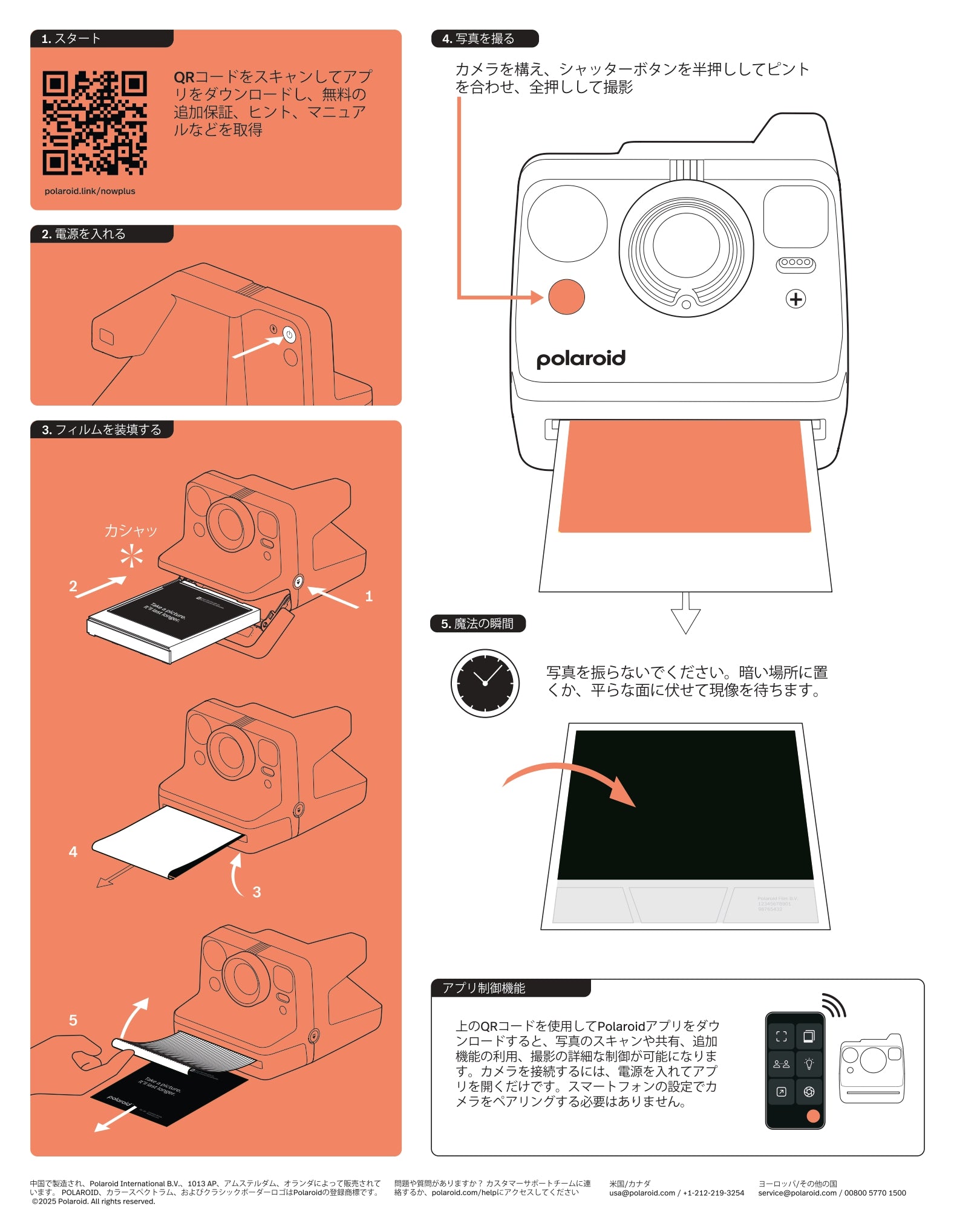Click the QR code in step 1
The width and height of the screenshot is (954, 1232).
tap(94, 123)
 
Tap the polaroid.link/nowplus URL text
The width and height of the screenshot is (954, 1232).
tap(90, 191)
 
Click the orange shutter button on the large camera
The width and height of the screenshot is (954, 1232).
tap(566, 296)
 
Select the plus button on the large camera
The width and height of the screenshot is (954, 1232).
tap(796, 299)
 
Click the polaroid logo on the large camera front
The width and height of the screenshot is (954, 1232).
tap(581, 358)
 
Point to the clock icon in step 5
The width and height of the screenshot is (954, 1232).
tap(485, 683)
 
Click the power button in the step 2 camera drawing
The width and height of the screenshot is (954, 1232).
tap(289, 334)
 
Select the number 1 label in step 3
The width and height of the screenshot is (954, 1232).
tap(369, 597)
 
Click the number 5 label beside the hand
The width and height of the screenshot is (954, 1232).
tap(73, 1020)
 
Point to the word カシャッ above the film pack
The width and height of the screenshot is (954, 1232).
tap(131, 531)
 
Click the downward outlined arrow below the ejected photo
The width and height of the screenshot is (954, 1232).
tap(685, 615)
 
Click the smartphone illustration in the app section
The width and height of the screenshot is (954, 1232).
tap(795, 1071)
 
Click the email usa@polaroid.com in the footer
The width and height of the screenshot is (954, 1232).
tap(642, 1193)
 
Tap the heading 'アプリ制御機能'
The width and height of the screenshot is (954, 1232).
tap(484, 988)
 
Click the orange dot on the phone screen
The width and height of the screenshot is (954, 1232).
tap(813, 1115)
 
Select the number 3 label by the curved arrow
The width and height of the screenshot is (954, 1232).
tap(256, 892)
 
